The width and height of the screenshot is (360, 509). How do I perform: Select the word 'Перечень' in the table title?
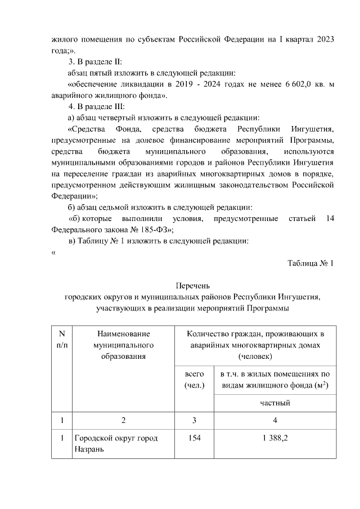tap(192, 286)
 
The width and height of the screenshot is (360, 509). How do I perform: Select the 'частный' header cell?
tap(274, 403)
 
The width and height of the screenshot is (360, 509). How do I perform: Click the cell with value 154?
tap(194, 438)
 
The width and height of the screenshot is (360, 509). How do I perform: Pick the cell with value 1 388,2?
tap(274, 438)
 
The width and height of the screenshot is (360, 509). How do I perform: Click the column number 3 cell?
tap(194, 420)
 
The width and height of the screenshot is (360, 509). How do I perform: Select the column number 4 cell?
tap(274, 420)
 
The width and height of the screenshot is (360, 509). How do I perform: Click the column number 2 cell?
tap(123, 420)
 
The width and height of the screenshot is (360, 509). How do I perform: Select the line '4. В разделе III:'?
tap(101, 106)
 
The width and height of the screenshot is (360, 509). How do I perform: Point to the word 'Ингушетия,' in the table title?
tap(300, 297)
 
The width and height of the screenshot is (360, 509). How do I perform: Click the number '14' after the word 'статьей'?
tap(330, 218)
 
